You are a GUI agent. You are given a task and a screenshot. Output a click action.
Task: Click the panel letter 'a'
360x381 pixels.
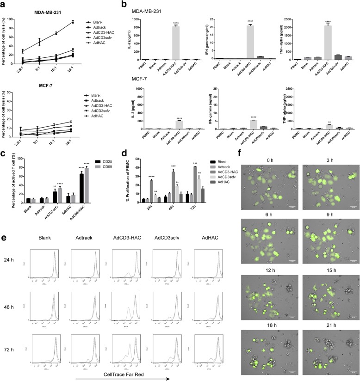pyautogui.click(x=4, y=4)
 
